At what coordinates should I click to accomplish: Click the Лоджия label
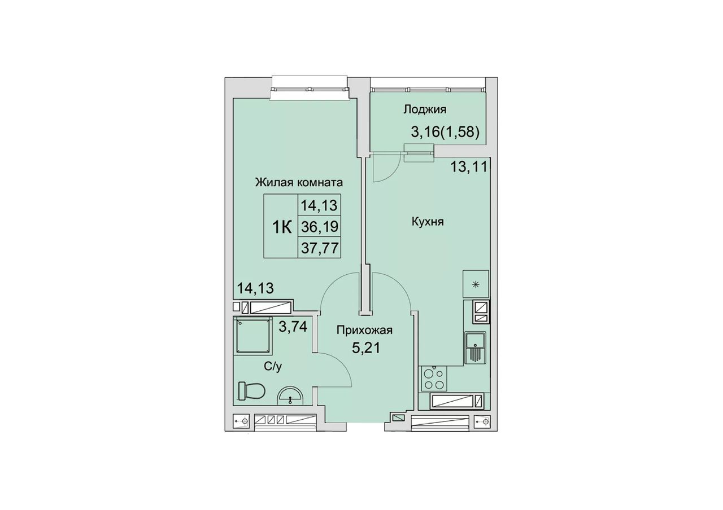(x=425, y=110)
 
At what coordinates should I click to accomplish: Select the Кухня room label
(x=428, y=222)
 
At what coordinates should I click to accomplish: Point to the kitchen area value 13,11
(x=469, y=167)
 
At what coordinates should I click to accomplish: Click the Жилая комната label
(x=299, y=183)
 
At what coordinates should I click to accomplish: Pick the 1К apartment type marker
(x=282, y=227)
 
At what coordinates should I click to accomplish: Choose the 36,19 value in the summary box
(x=320, y=227)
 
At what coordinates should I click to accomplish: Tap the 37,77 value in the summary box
(x=320, y=248)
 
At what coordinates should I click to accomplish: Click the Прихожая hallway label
(x=364, y=331)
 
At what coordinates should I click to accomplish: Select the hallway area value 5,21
(x=365, y=348)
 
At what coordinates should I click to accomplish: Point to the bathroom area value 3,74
(x=67, y=327)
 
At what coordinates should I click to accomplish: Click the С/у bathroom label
(x=273, y=367)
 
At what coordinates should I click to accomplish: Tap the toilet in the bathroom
(x=251, y=391)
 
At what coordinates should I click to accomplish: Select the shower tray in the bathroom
(x=253, y=335)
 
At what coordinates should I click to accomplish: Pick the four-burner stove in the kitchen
(x=433, y=379)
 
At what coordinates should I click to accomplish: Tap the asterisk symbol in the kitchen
(x=476, y=284)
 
